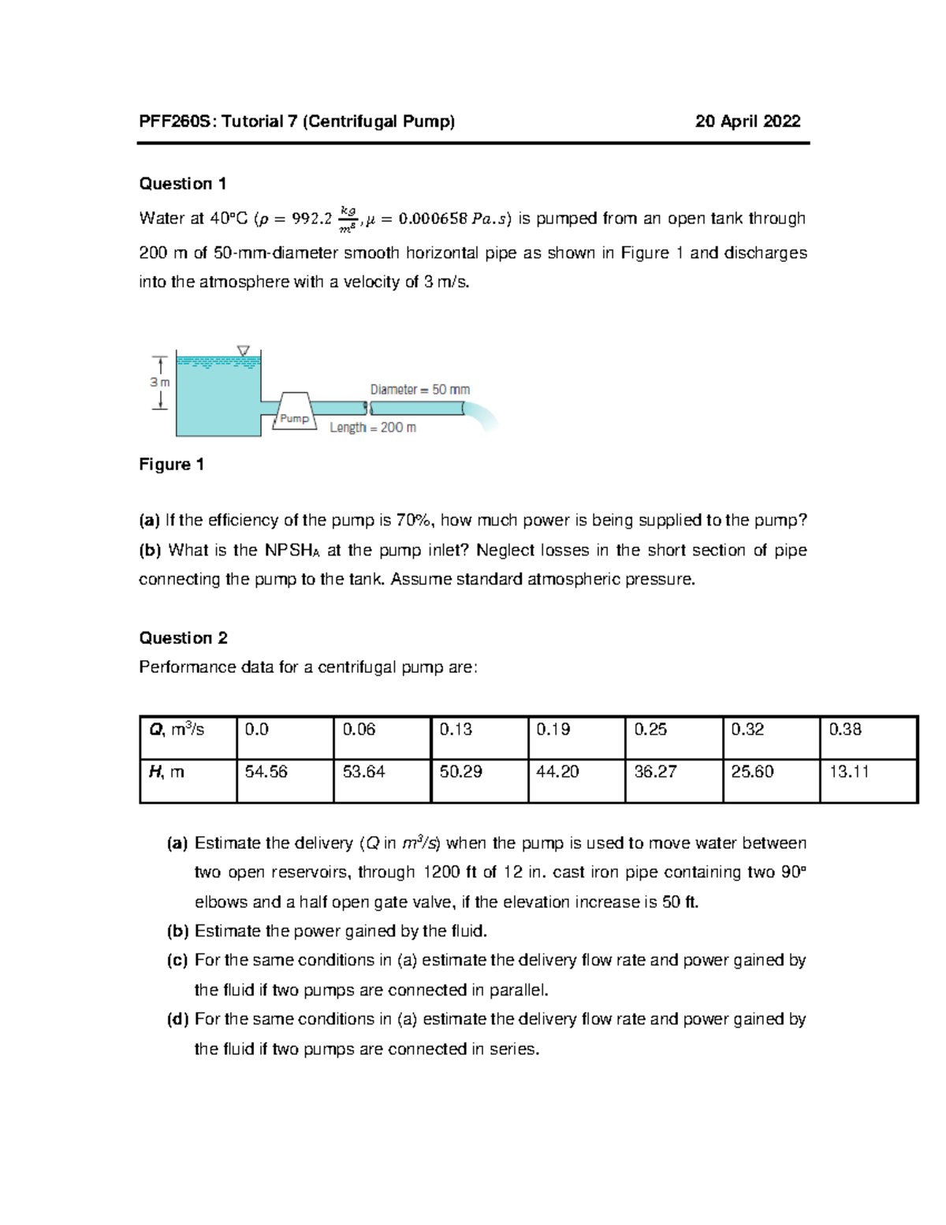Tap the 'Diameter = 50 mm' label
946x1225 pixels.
tap(419, 390)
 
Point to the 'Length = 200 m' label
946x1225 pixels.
tap(372, 428)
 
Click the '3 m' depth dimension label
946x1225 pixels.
tap(160, 382)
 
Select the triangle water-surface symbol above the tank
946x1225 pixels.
tap(244, 350)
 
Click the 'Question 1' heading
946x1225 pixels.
tap(183, 184)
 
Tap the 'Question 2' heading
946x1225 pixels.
tap(183, 637)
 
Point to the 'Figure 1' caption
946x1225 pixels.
tap(171, 465)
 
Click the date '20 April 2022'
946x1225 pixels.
tap(747, 121)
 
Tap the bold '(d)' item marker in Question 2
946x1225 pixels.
tap(177, 1019)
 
